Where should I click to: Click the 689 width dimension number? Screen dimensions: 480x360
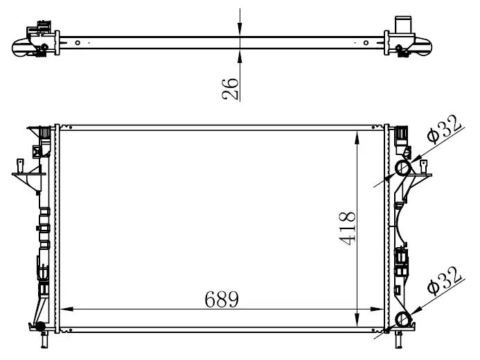click(x=222, y=299)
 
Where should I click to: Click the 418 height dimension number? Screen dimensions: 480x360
click(x=348, y=228)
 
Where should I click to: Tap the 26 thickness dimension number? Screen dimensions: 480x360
click(x=230, y=89)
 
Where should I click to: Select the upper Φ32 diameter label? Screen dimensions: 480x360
click(x=444, y=129)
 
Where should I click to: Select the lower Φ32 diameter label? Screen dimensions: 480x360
click(x=444, y=281)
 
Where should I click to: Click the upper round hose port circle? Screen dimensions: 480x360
click(x=403, y=168)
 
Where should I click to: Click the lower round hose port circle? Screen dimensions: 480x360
click(x=403, y=320)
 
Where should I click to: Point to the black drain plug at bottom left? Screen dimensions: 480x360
click(x=39, y=326)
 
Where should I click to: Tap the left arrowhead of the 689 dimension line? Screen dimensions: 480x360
click(x=66, y=309)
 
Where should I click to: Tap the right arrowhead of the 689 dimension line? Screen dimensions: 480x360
click(x=377, y=309)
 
